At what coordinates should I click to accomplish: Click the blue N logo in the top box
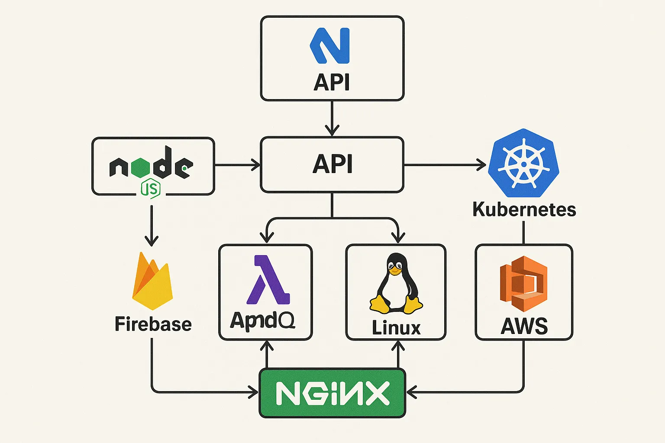(330, 45)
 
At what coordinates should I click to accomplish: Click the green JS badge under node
(151, 189)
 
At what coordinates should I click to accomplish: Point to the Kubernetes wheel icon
(523, 164)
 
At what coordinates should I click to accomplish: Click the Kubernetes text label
(524, 209)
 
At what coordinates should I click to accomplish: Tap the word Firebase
(153, 324)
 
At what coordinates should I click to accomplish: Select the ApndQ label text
(262, 321)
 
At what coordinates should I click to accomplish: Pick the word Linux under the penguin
(396, 327)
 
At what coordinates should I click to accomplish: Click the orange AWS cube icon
(523, 283)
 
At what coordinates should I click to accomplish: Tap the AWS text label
(524, 326)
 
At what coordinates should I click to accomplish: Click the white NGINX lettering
(332, 393)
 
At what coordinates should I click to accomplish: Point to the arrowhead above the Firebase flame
(152, 241)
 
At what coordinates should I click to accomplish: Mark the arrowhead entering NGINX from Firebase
(254, 392)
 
